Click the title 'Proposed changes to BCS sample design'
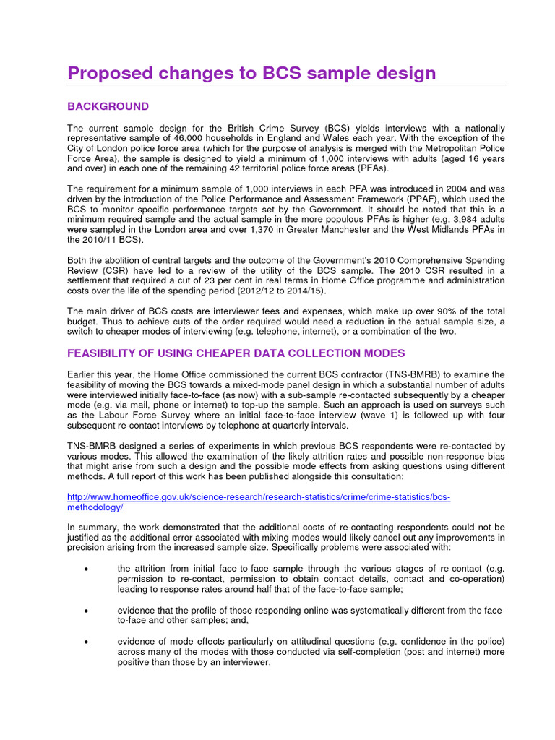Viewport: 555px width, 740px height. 251,73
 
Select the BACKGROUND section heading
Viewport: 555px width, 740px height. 108,106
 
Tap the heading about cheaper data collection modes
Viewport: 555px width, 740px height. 236,353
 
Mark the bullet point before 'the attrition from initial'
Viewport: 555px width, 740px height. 86,569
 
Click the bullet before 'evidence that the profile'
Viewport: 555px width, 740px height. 86,610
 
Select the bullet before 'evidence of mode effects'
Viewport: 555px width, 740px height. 86,641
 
